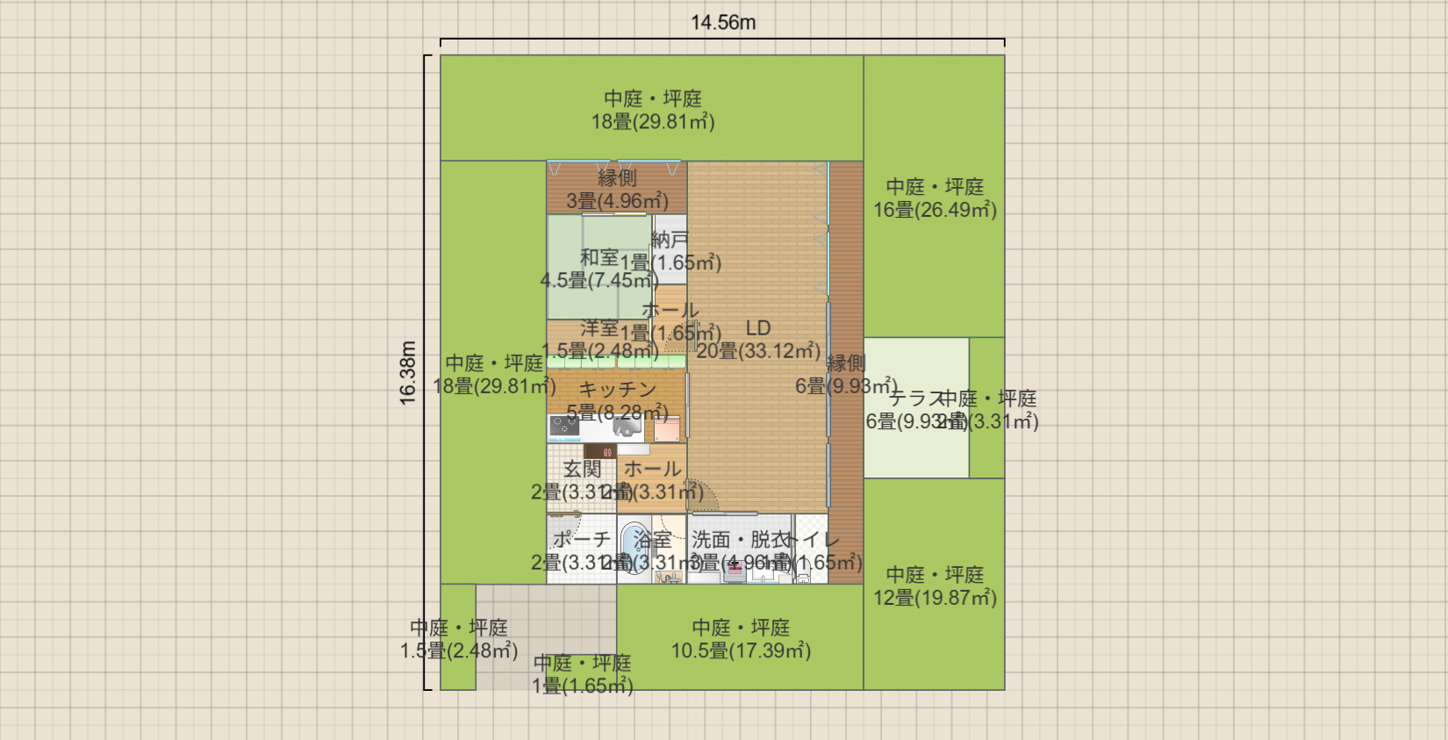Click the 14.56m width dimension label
(722, 23)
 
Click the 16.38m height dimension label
(408, 373)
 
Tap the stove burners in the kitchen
(563, 427)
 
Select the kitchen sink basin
(627, 427)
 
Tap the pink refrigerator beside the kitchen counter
(667, 429)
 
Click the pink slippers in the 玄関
(606, 453)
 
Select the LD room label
(758, 328)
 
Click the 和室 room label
(599, 257)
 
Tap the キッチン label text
(618, 389)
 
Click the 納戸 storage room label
(670, 239)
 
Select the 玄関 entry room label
(582, 470)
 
